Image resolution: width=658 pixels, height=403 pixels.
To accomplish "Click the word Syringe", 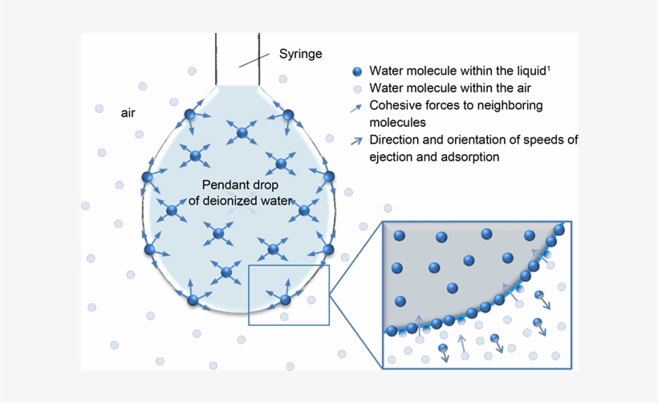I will point(300,54).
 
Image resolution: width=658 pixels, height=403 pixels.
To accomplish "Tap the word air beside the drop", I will point(128,113).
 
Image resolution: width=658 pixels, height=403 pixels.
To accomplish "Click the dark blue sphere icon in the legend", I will point(357,71).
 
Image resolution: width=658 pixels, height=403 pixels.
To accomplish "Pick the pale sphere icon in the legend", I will point(357,88).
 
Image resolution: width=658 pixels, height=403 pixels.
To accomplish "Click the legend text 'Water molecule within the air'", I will point(449,88).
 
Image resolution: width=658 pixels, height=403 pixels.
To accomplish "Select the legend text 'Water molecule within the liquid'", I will point(457,71).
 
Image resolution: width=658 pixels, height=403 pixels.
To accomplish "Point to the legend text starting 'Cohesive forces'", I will point(456,105).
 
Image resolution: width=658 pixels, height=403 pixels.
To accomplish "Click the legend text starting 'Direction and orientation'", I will point(473,140).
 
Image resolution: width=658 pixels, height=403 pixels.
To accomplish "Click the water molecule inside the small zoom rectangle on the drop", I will point(285,300).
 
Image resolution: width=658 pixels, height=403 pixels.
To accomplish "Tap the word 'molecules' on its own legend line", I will point(397,123).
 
